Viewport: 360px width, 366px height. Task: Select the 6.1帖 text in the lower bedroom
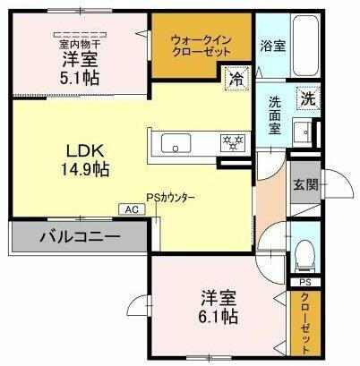217,316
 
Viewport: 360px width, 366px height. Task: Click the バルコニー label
78,238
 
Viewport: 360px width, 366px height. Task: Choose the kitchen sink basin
174,143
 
